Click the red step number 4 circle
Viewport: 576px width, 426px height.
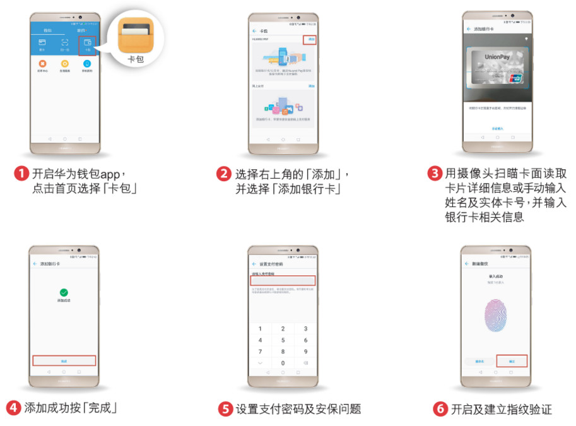pyautogui.click(x=13, y=408)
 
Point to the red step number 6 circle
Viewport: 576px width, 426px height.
pyautogui.click(x=440, y=408)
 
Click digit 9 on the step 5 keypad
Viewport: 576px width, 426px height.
pyautogui.click(x=305, y=352)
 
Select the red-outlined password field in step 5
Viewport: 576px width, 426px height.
pyautogui.click(x=283, y=280)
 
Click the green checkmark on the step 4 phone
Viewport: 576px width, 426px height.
pyautogui.click(x=64, y=293)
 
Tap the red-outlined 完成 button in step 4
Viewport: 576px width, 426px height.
pyautogui.click(x=64, y=360)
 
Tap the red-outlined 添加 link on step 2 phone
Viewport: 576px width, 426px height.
pyautogui.click(x=310, y=39)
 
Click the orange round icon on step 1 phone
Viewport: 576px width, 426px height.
pyautogui.click(x=42, y=64)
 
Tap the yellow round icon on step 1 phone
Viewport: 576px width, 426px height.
pyautogui.click(x=64, y=64)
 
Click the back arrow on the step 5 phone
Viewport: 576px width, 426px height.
pyautogui.click(x=254, y=264)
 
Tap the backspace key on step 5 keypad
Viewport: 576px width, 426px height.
pyautogui.click(x=305, y=363)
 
